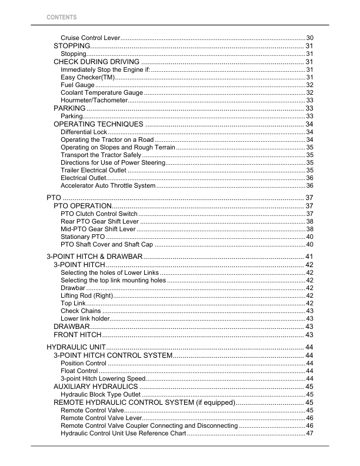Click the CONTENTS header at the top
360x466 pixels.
point(62,17)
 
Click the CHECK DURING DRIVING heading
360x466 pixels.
point(96,62)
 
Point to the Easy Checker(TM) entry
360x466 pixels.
point(88,78)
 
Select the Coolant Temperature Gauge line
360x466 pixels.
point(101,93)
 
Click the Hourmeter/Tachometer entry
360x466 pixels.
point(94,101)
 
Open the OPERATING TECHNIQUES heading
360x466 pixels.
point(98,124)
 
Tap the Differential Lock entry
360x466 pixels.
point(84,132)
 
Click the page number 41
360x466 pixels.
point(309,257)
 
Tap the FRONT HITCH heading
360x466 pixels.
point(78,334)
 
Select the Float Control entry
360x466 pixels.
point(79,371)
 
